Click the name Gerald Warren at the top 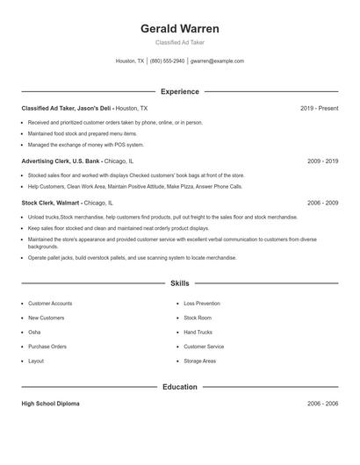pos(179,29)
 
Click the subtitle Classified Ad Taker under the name pos(179,42)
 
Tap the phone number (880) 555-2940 pos(167,61)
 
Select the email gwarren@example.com pos(217,61)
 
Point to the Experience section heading pos(179,91)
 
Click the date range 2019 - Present pos(319,108)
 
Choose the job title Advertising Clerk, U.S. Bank pos(61,161)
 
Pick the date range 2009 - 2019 pos(322,161)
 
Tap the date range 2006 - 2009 pos(322,202)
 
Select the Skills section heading pos(179,283)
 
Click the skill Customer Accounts pos(50,303)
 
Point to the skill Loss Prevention pos(202,303)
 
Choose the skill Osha pos(34,332)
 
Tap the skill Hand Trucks pos(199,332)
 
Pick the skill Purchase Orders pos(47,347)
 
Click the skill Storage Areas pos(200,361)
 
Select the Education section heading pos(179,386)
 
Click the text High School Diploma pos(50,404)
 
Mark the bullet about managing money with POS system pos(86,145)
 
